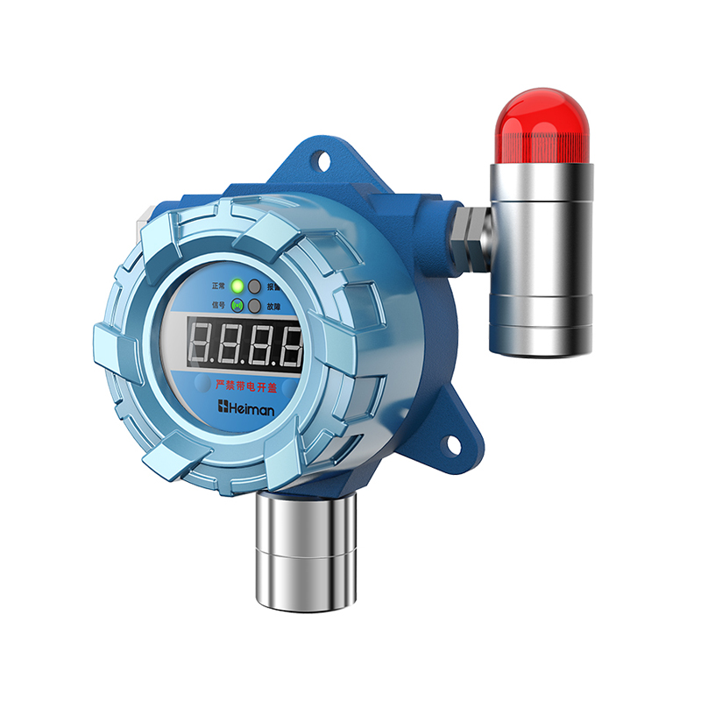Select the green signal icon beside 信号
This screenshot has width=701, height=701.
pyautogui.click(x=237, y=306)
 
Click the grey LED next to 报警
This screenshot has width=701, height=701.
pyautogui.click(x=254, y=287)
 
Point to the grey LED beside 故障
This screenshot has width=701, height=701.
pyautogui.click(x=254, y=307)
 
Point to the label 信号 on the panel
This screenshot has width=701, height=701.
pyautogui.click(x=219, y=306)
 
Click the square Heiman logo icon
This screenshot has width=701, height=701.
pyautogui.click(x=223, y=407)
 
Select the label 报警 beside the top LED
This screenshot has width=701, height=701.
pyautogui.click(x=273, y=287)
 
